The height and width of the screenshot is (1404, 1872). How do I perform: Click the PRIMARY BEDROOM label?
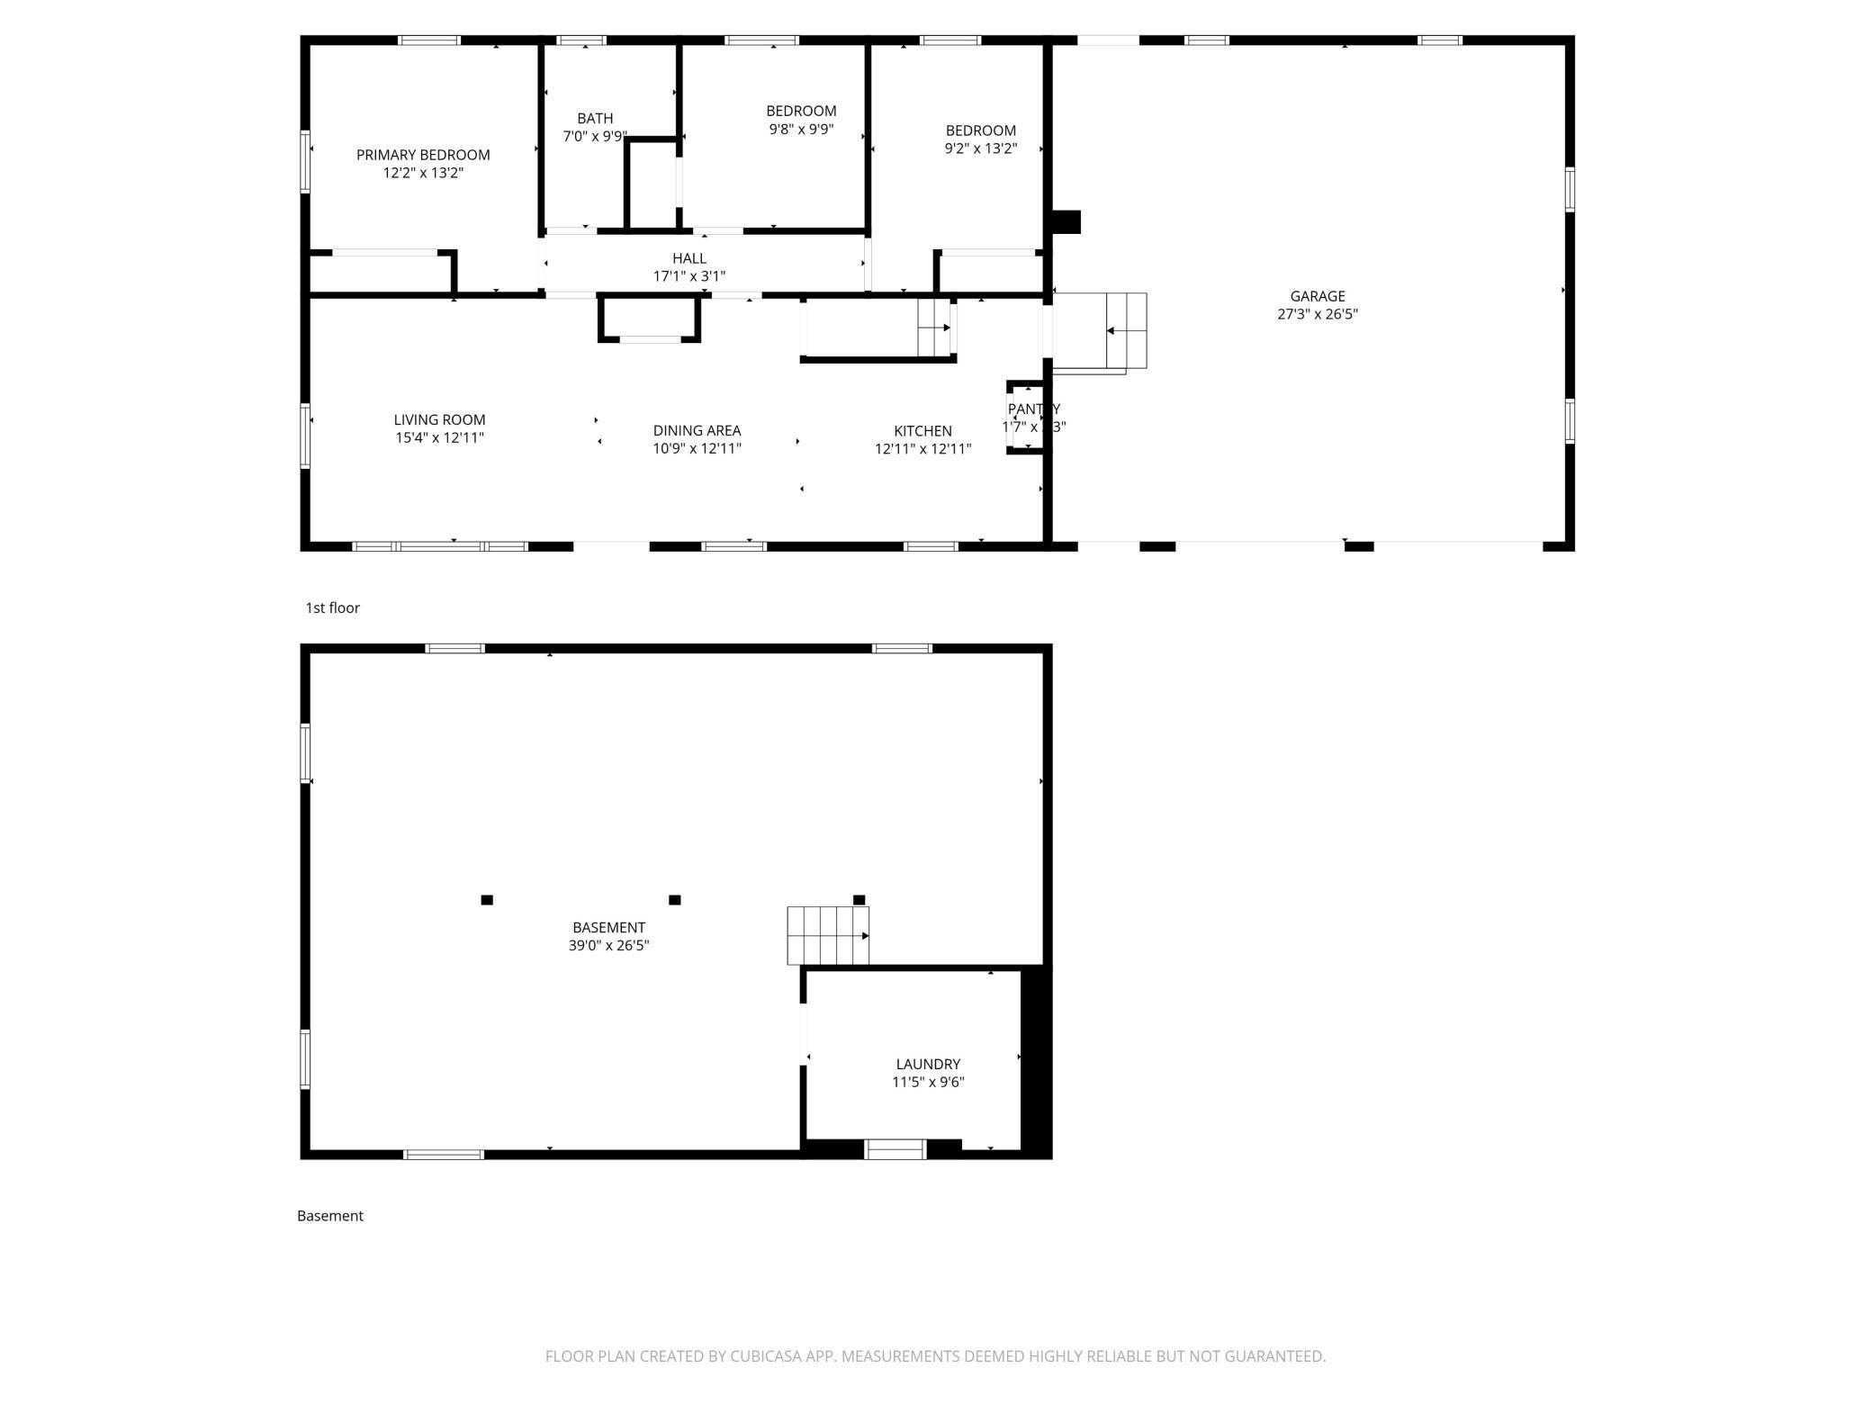tap(423, 155)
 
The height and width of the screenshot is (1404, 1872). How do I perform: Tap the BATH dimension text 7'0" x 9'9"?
tap(594, 137)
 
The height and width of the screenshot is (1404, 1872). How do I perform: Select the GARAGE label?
tap(1317, 296)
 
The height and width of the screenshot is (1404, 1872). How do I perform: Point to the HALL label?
tap(688, 258)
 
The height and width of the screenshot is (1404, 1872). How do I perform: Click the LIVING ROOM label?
tap(439, 419)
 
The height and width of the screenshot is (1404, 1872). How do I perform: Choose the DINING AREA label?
tap(697, 430)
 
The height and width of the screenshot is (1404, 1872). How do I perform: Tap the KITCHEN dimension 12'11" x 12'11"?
tap(922, 449)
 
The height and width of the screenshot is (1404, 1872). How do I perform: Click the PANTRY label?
tap(1033, 409)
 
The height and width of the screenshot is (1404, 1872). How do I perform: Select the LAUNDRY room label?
tap(928, 1064)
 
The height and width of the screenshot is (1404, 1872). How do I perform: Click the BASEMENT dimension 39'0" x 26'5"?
tap(608, 945)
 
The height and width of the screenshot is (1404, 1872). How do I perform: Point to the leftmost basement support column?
tap(487, 900)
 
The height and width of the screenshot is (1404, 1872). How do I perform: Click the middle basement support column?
tap(675, 900)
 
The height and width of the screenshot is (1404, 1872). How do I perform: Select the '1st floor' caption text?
tap(332, 607)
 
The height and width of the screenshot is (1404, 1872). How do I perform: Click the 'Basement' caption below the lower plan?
tap(329, 1216)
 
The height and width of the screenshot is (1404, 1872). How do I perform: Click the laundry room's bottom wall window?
tap(895, 1149)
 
